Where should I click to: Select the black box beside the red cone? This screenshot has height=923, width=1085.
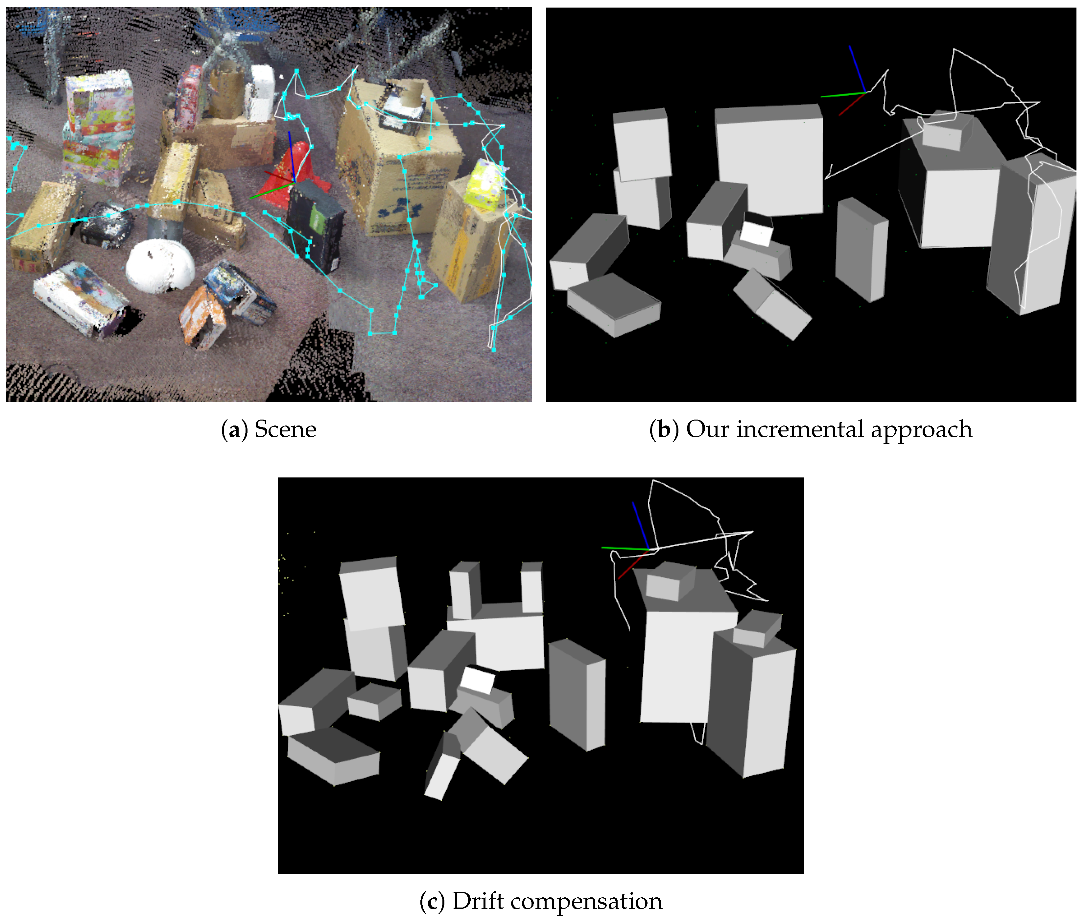[315, 225]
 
